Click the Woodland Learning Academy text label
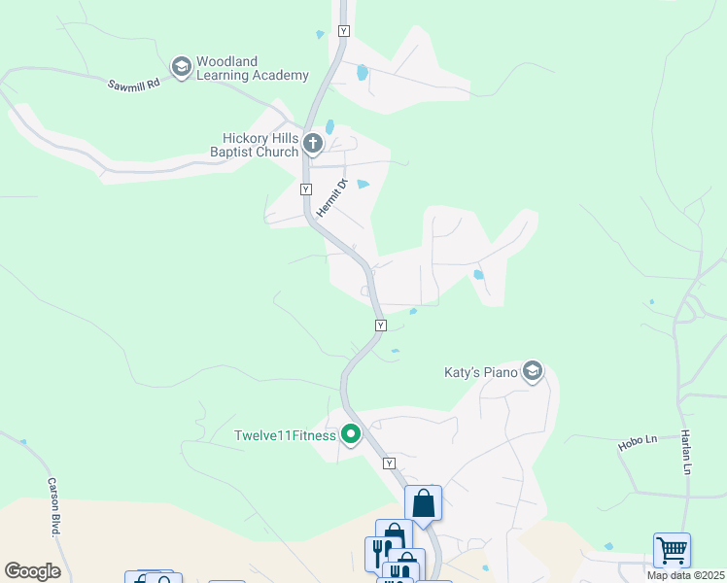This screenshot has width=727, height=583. tap(252, 68)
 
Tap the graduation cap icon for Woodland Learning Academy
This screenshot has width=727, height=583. tap(180, 67)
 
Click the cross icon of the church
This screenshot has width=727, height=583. tap(312, 145)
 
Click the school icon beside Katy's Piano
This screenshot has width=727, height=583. tap(532, 371)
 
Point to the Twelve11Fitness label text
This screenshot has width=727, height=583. tap(285, 435)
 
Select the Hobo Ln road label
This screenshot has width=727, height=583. tap(638, 442)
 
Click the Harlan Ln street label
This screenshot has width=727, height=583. tap(686, 454)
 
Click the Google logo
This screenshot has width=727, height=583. tap(32, 571)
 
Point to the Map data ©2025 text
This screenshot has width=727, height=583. tap(685, 575)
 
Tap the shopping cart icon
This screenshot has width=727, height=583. tap(672, 550)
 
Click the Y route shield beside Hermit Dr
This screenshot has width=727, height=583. tap(306, 189)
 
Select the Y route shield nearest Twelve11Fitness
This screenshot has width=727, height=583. tap(390, 463)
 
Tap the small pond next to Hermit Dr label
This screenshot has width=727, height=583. tap(363, 184)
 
